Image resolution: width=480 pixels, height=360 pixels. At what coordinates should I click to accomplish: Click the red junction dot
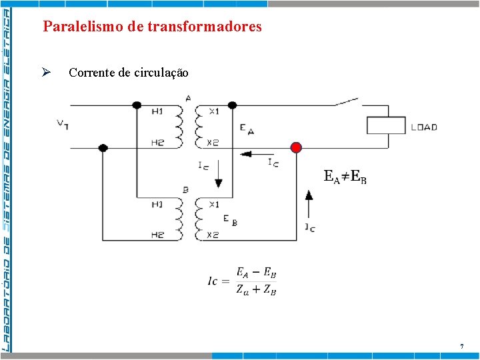pos(296,147)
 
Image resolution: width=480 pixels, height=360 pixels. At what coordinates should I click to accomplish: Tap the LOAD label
pos(424,127)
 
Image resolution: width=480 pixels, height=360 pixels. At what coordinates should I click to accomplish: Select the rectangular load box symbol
pos(386,126)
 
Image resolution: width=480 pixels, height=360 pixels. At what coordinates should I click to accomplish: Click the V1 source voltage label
pos(63,124)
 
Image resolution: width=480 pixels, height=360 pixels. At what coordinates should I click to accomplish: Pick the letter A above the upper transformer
pos(188,98)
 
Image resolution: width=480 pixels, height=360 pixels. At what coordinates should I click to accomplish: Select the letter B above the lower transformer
pos(185,190)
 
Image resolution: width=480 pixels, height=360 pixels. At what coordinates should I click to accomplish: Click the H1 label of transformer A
pos(157,111)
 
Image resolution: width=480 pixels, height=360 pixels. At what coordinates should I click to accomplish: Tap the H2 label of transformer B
pos(157,235)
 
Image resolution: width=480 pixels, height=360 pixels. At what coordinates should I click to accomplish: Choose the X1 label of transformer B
pos(213,204)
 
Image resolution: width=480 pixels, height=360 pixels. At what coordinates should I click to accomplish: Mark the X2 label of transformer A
pos(213,142)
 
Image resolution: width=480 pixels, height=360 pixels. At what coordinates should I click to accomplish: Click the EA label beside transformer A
pos(246,128)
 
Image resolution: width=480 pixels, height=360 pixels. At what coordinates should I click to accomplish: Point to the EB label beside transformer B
pos(231,220)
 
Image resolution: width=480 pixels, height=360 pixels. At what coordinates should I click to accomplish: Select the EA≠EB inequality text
pos(345,177)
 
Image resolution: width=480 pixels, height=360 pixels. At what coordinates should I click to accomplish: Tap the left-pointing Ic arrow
pos(252,154)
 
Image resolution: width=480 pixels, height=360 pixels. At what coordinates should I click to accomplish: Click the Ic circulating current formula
pos(242,281)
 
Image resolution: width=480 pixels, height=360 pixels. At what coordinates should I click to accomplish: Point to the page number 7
pos(461,346)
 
